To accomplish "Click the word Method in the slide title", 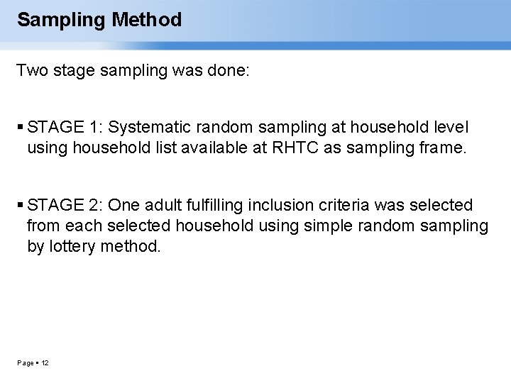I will pyautogui.click(x=147, y=20).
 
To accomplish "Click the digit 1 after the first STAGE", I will pyautogui.click(x=94, y=127).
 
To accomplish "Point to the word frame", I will pyautogui.click(x=444, y=148).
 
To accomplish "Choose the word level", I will pyautogui.click(x=450, y=127).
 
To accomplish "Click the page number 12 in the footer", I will pyautogui.click(x=45, y=363).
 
